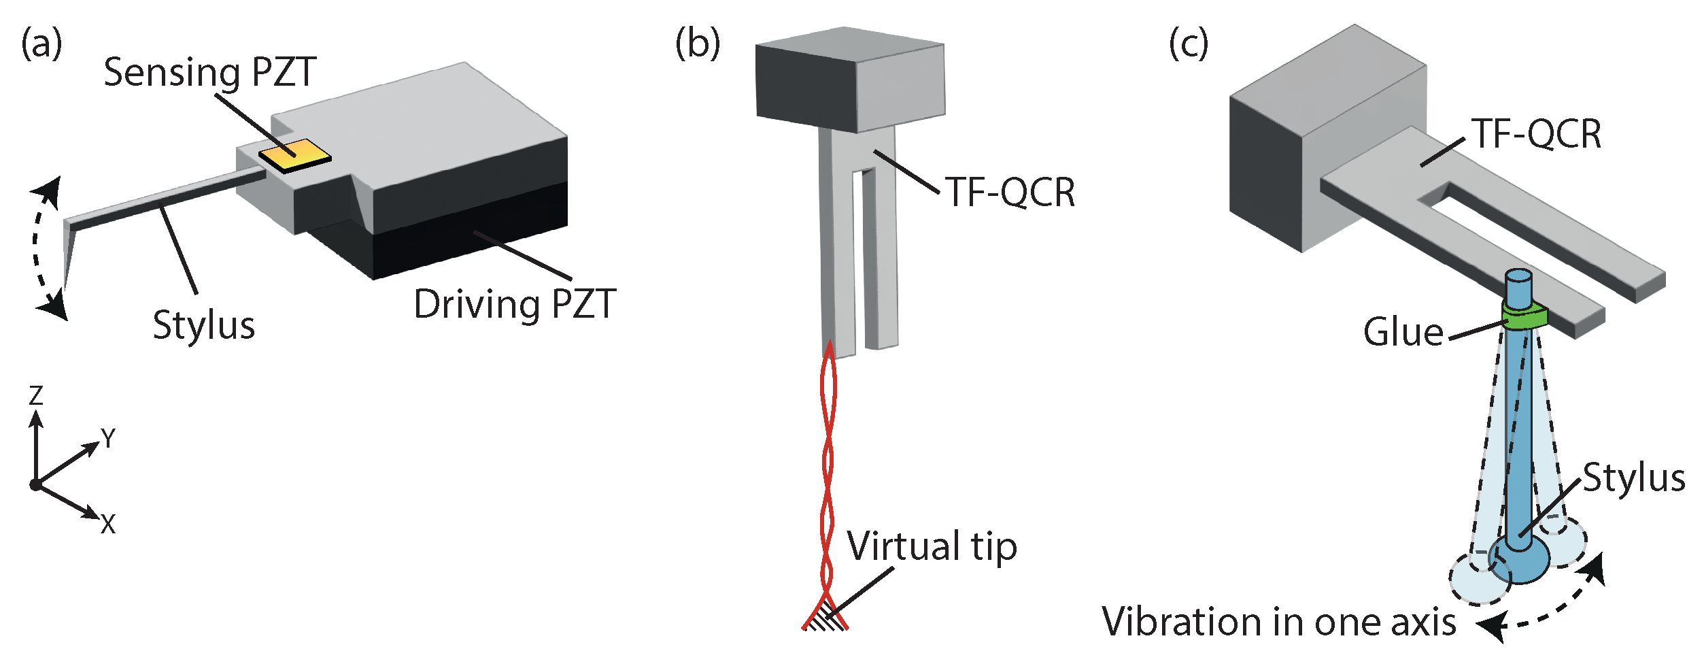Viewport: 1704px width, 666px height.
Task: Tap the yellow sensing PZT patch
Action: coord(295,156)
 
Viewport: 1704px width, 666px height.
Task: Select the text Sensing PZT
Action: coord(209,72)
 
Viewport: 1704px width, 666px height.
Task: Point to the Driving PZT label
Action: coord(515,304)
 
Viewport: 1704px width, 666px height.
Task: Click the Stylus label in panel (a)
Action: coord(203,325)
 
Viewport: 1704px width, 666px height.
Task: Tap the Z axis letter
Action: coord(36,395)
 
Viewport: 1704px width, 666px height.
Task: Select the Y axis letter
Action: coord(108,438)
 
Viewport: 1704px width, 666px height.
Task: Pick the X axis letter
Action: coord(108,525)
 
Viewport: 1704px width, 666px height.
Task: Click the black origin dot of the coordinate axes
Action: coord(35,485)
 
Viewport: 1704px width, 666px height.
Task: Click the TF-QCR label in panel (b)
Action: coord(1010,193)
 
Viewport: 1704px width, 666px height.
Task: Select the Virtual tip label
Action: coord(932,546)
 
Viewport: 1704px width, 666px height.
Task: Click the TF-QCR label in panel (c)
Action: coord(1537,133)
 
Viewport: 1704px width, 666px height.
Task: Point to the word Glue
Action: coord(1403,332)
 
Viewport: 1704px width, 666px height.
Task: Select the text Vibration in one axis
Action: coord(1279,622)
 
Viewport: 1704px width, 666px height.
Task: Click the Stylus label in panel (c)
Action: coord(1633,478)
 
